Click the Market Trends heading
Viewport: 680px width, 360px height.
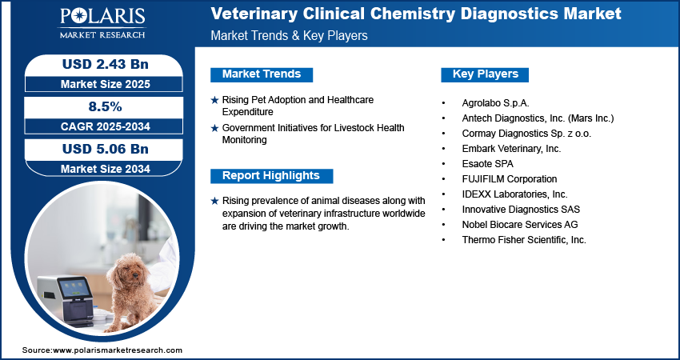[262, 74]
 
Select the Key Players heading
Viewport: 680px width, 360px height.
[485, 74]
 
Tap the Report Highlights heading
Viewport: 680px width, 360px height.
[270, 176]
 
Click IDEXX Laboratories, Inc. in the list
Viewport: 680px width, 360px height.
[514, 194]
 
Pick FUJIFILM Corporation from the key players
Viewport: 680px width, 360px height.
[509, 179]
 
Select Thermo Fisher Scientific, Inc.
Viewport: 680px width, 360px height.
[524, 240]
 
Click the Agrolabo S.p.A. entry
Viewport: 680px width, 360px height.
[495, 103]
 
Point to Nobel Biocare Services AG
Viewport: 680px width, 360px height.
[519, 225]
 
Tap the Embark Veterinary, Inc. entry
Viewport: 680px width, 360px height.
[511, 149]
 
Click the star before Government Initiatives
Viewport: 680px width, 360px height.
[214, 128]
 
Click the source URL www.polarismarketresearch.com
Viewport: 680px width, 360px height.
[118, 350]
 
